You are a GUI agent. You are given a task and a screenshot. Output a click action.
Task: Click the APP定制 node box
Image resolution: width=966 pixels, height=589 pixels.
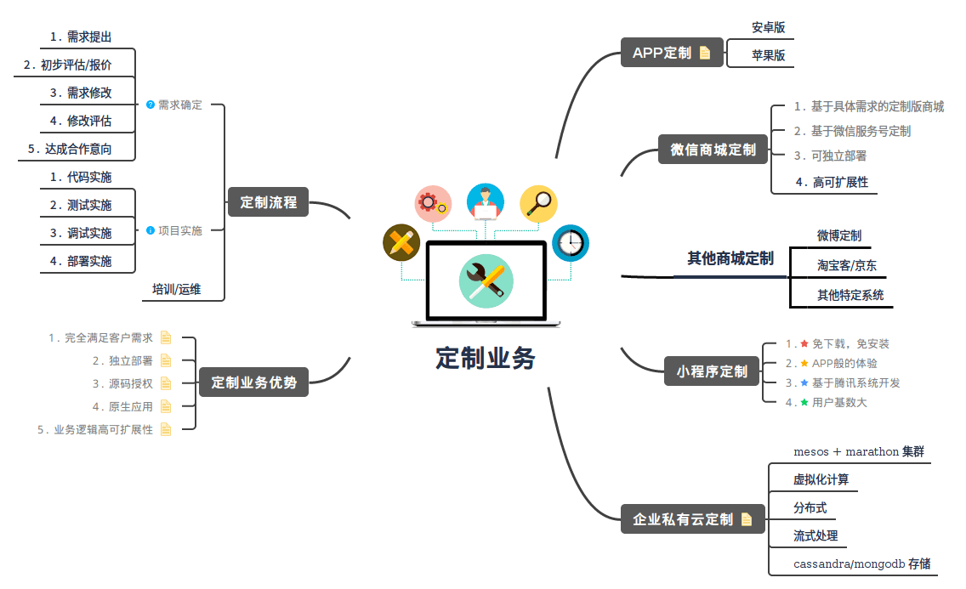click(671, 53)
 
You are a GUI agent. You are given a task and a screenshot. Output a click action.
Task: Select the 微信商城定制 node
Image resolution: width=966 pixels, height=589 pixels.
click(713, 150)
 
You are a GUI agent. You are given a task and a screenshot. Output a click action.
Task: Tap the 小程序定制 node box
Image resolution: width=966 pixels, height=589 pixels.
click(712, 371)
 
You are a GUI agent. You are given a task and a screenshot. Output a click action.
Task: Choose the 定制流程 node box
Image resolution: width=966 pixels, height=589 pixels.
click(269, 202)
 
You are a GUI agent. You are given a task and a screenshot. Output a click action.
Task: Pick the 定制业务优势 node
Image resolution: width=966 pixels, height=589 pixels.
click(253, 382)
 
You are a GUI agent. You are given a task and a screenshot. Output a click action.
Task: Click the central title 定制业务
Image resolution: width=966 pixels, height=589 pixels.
click(486, 358)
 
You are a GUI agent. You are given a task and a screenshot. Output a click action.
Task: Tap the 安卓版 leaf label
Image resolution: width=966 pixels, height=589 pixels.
click(768, 28)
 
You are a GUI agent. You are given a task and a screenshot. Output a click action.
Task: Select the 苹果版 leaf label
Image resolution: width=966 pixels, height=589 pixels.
click(768, 56)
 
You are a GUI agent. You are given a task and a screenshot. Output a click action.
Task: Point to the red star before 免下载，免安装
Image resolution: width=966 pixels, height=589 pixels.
click(804, 343)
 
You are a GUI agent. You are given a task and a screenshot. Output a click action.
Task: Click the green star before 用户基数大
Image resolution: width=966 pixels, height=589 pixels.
click(804, 402)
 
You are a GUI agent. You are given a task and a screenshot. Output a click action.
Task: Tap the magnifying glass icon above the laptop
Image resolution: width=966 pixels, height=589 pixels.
click(538, 203)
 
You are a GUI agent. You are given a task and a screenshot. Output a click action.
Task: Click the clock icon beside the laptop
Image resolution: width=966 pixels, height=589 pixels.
click(571, 243)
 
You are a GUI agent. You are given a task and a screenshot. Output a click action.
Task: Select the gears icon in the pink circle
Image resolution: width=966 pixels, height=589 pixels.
click(434, 203)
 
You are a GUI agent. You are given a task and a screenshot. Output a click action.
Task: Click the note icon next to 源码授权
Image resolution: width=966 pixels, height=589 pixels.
click(166, 383)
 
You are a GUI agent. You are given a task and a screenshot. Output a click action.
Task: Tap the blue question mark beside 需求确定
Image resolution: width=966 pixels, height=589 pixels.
click(151, 105)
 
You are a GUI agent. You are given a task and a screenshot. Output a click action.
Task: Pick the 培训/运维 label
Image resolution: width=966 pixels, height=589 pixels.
click(177, 289)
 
